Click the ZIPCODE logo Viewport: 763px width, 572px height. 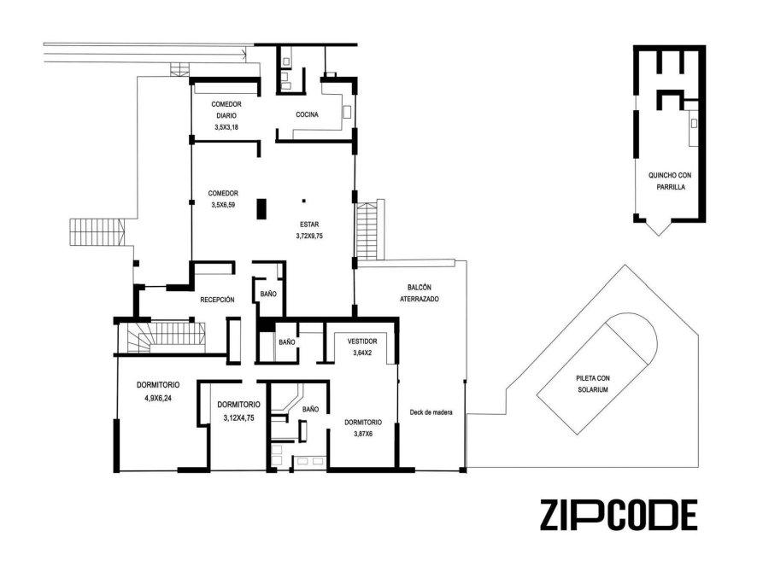pos(619,515)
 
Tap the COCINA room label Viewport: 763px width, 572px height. pos(307,114)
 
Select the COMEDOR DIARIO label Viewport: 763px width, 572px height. pos(226,110)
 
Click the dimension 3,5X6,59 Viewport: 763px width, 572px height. pos(223,205)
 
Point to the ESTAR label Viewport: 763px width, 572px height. pos(309,225)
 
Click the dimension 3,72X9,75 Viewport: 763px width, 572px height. pos(309,236)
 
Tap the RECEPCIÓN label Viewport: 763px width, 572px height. pos(217,301)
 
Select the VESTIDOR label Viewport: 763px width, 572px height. pos(362,341)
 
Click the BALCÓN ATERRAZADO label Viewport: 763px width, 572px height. pos(420,294)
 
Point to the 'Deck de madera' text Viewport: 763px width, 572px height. pos(431,412)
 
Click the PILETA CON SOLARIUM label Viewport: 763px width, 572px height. pos(593,384)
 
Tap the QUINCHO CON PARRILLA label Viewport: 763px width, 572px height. pos(670,181)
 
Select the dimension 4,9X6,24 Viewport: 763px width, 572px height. pos(158,397)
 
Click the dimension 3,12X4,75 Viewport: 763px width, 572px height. pos(238,417)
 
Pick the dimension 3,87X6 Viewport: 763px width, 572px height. pos(363,434)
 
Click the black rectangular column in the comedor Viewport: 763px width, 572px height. pos(261,208)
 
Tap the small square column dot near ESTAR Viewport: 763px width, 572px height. pos(304,201)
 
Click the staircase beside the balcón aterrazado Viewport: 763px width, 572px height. pos(367,231)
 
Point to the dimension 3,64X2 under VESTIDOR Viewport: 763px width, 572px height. pos(362,353)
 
